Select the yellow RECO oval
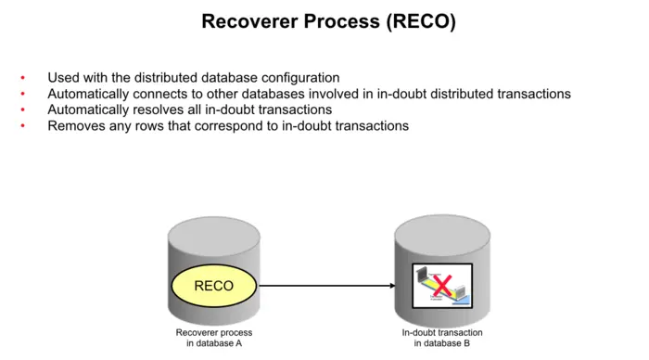pos(213,286)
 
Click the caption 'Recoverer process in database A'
pos(213,338)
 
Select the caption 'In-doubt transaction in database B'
pos(441,338)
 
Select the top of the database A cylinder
pos(213,228)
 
